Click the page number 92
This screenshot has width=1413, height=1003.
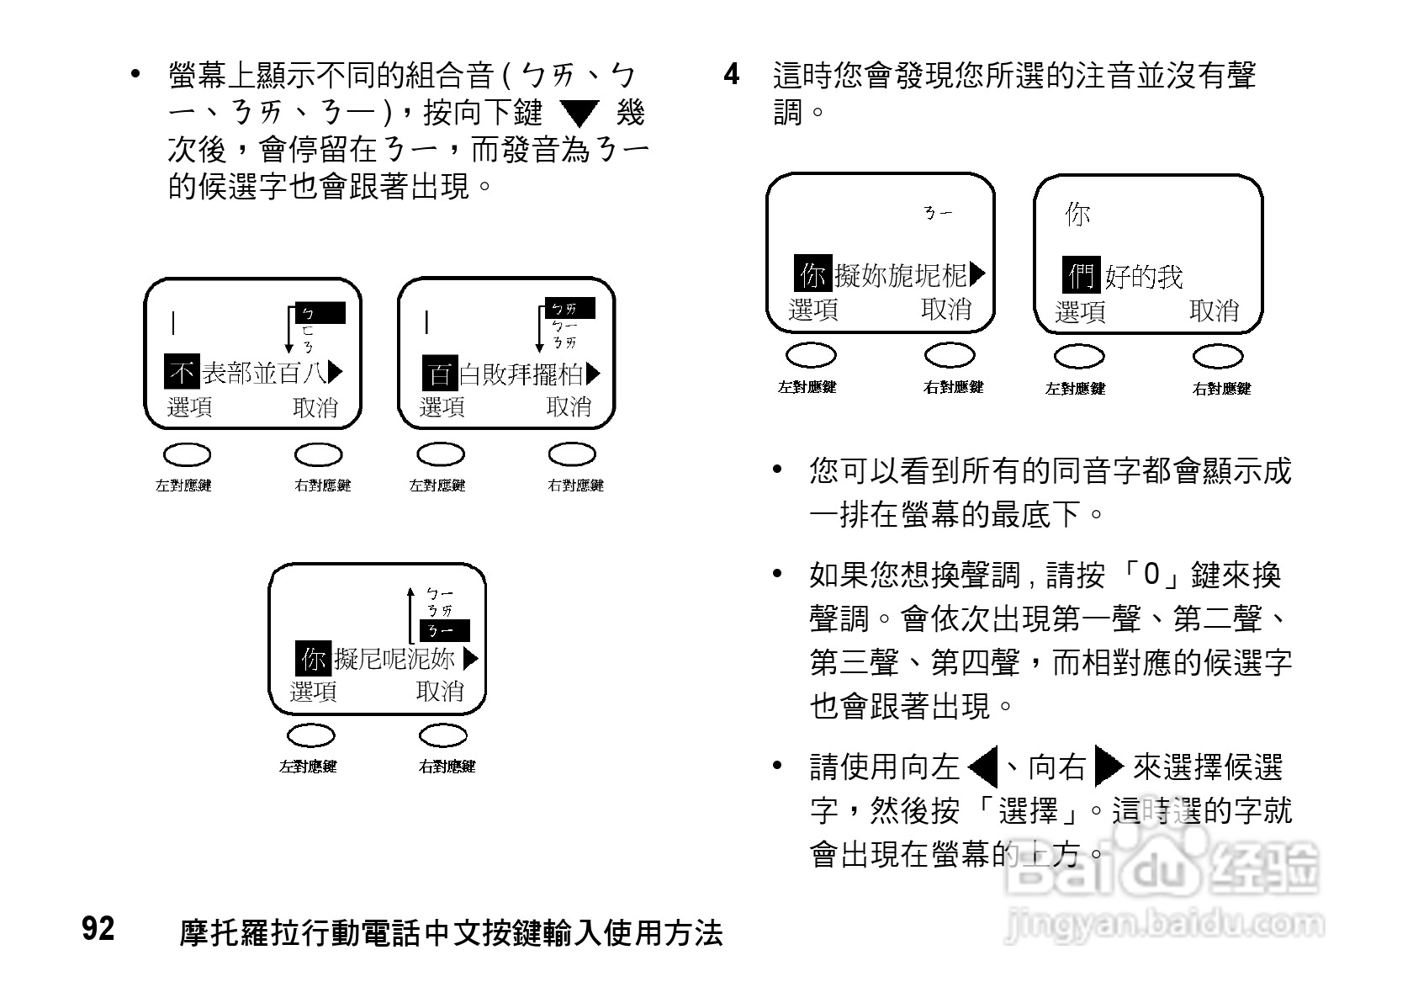click(98, 928)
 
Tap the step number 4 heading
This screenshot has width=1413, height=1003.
click(732, 74)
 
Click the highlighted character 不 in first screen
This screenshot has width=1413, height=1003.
click(181, 372)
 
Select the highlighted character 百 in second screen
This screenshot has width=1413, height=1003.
click(439, 373)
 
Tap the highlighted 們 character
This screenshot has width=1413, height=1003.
click(1081, 275)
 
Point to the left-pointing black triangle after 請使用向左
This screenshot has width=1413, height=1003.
click(982, 767)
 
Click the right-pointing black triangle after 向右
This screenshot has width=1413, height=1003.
click(1109, 767)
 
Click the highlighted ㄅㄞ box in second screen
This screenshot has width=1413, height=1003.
click(569, 309)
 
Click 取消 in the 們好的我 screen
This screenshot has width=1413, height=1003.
click(1214, 310)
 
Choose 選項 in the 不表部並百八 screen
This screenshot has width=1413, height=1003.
click(189, 407)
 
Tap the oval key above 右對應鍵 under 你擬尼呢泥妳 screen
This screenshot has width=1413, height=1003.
click(443, 735)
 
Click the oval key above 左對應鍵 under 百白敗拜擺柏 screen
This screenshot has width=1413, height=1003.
click(441, 454)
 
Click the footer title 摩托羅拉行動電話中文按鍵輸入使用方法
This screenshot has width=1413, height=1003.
click(451, 932)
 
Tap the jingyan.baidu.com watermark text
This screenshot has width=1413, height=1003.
click(1164, 924)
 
